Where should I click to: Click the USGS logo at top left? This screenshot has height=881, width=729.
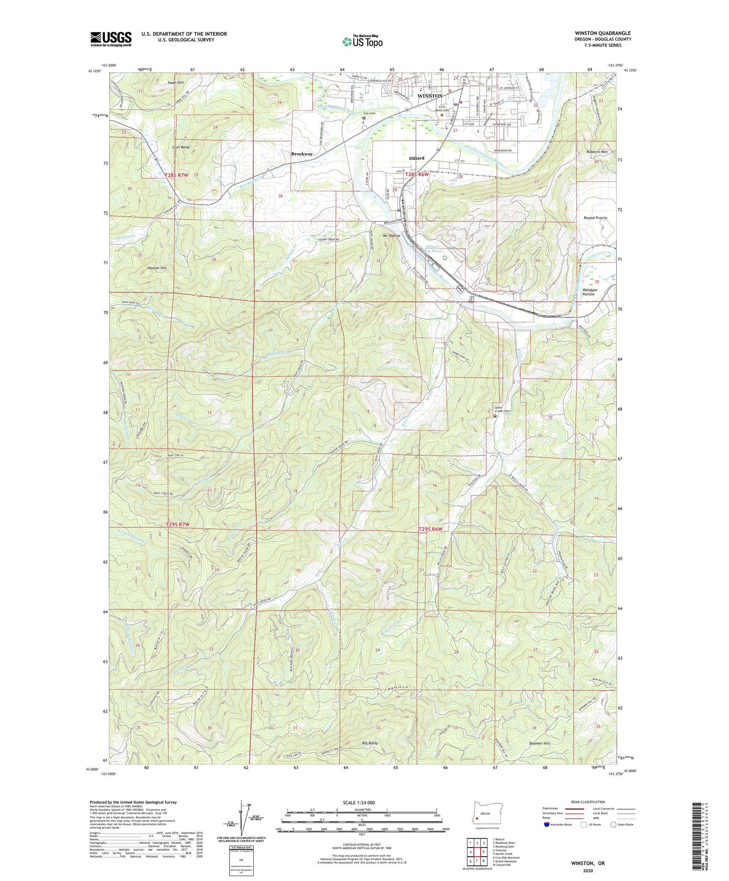tap(111, 39)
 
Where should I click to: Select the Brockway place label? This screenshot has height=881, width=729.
tap(302, 154)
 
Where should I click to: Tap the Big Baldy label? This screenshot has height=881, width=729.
tap(370, 743)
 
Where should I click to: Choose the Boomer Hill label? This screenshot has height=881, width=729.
tap(540, 743)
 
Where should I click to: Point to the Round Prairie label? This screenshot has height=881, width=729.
tap(595, 218)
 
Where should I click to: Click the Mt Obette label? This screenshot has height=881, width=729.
tap(392, 236)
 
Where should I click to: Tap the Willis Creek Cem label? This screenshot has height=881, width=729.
tap(502, 409)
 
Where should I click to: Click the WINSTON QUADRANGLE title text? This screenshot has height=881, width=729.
tap(603, 33)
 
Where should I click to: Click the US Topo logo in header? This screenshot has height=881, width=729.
tap(362, 42)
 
